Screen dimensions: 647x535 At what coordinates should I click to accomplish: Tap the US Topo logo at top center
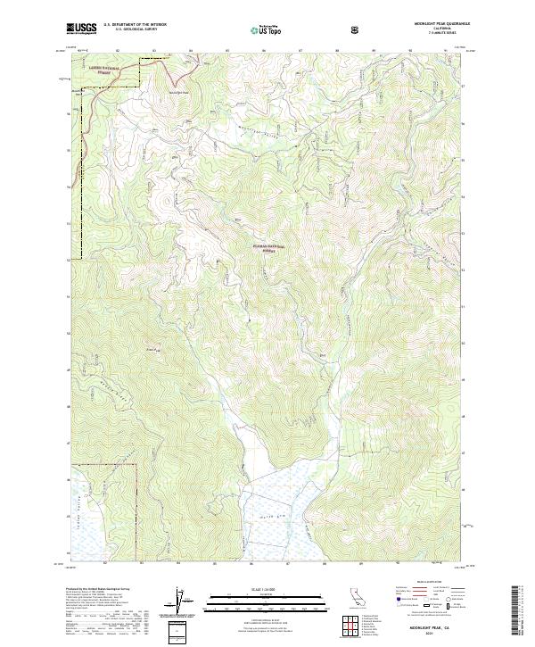pyautogui.click(x=265, y=29)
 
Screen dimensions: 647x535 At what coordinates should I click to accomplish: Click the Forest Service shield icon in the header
pyautogui.click(x=357, y=29)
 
